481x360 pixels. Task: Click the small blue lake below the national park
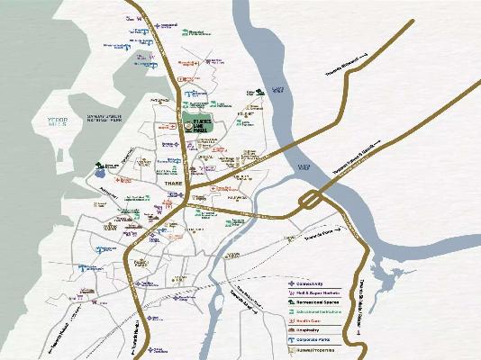pyautogui.click(x=98, y=173)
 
